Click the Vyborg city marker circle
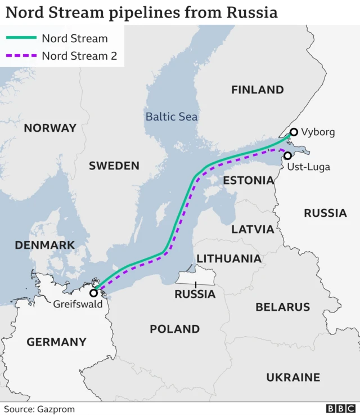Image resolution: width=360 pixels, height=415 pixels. [293, 132]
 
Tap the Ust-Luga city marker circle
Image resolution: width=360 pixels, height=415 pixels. [288, 156]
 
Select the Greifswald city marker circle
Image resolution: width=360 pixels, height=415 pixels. [93, 293]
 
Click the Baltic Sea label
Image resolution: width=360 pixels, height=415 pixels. [172, 117]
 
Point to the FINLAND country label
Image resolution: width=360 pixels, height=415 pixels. [258, 90]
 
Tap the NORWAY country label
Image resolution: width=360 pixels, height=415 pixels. [50, 128]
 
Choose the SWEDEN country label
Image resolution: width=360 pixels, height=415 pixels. [114, 166]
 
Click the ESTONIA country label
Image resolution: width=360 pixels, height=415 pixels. [248, 180]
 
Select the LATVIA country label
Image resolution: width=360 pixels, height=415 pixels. [253, 229]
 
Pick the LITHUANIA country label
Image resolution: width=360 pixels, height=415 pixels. [229, 258]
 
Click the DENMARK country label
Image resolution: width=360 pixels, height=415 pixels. [44, 245]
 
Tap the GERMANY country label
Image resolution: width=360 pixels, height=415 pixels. [56, 342]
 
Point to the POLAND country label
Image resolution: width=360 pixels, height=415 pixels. [174, 329]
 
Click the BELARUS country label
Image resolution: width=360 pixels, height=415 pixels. [282, 307]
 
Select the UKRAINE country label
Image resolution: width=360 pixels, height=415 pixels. [293, 377]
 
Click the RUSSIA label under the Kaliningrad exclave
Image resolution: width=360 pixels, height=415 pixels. [195, 294]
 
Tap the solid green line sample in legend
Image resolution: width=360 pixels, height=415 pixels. [21, 38]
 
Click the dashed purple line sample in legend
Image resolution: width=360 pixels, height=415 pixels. [21, 56]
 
